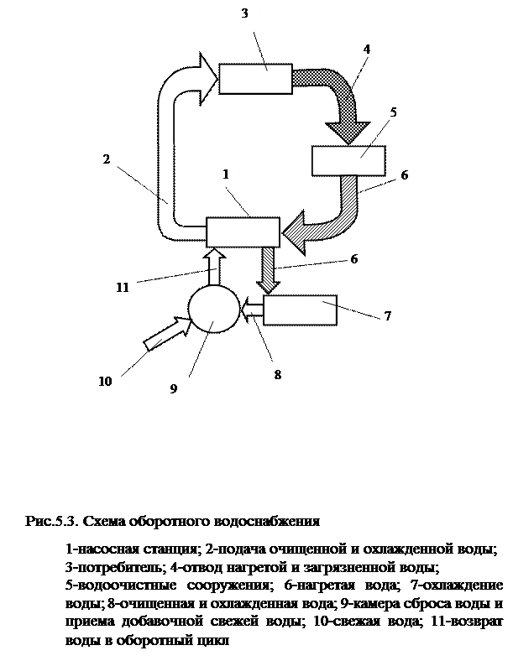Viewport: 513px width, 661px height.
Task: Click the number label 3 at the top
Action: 245,13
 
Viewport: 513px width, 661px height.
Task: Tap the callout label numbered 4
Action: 366,50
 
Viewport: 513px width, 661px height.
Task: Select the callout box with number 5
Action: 395,112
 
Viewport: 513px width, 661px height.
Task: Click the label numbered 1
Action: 225,174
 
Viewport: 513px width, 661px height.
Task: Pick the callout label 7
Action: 390,316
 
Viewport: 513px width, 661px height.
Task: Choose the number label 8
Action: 279,374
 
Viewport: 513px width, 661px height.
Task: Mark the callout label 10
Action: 106,382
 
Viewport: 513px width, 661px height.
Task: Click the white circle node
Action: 212,310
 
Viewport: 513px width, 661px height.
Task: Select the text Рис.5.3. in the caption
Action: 54,521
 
